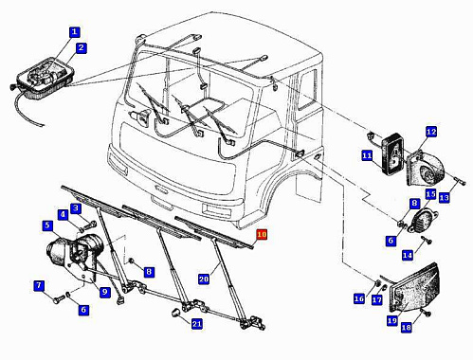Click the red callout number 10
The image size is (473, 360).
(262, 235)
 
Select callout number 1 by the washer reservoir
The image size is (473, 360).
(74, 32)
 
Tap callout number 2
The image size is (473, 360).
(82, 48)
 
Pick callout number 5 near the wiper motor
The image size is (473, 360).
(47, 225)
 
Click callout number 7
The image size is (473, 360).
(39, 286)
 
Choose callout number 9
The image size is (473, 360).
(104, 292)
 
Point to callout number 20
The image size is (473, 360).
(204, 279)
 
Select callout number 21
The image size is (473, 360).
(197, 324)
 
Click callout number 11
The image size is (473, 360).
(367, 155)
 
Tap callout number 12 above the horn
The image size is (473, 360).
(431, 132)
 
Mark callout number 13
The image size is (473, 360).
(444, 198)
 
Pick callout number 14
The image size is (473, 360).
(408, 255)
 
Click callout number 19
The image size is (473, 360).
(392, 321)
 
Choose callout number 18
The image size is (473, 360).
(407, 328)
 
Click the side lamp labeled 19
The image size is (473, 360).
(414, 288)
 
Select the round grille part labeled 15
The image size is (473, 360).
(423, 219)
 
